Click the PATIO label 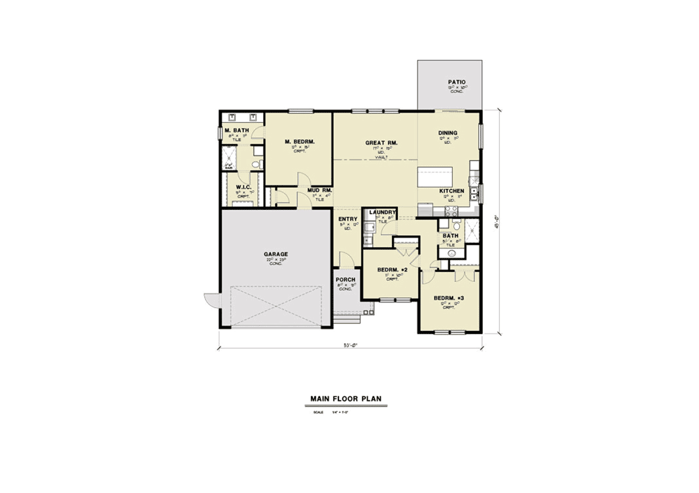click(457, 82)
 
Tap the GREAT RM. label click(381, 143)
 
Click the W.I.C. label click(243, 188)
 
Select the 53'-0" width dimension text click(349, 345)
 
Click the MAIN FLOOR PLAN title click(345, 399)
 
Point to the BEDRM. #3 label click(447, 298)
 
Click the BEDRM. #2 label click(391, 270)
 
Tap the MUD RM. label click(319, 190)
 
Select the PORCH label click(345, 280)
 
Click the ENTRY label click(348, 219)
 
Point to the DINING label click(448, 133)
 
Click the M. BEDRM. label click(300, 142)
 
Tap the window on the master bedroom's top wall click(301, 111)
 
